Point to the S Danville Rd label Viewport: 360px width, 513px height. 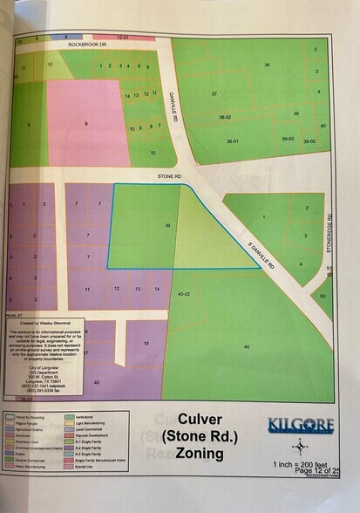point(265,255)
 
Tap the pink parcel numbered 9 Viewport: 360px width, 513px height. point(86,124)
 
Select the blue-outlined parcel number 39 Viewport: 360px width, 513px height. point(166,225)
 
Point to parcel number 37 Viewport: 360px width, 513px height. point(214,93)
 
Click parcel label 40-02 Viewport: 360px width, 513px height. point(183,295)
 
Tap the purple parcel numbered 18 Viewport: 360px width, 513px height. point(146,345)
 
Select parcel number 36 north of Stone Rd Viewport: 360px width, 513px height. point(267,65)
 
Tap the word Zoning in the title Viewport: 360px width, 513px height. point(200,455)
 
